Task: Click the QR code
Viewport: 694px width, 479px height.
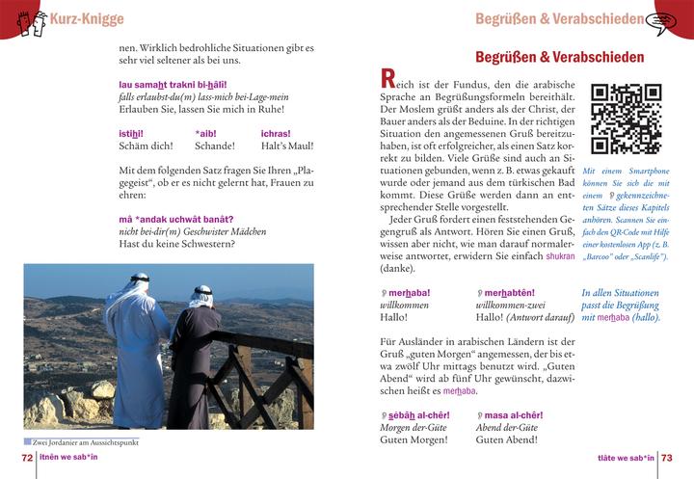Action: click(626, 120)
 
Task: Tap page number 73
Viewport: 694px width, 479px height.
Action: click(666, 458)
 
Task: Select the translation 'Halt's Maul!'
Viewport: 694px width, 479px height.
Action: click(287, 146)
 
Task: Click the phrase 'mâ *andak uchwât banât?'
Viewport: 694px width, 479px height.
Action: click(176, 218)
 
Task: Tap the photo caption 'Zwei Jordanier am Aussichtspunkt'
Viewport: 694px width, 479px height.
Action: click(85, 441)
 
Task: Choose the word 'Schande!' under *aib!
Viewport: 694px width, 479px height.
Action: click(215, 146)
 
